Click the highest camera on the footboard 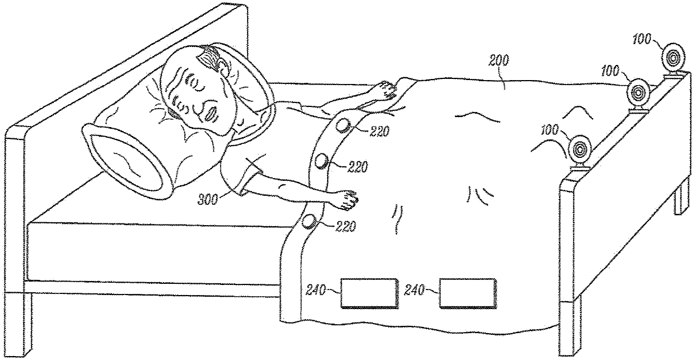pos(673,57)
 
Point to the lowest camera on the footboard pos(581,150)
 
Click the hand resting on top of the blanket pos(345,200)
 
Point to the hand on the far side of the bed pos(386,88)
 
